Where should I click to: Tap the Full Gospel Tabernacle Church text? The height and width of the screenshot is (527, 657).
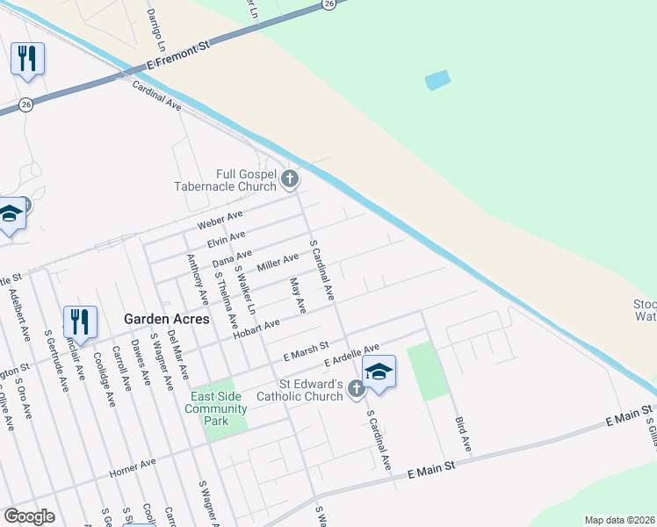[234, 180]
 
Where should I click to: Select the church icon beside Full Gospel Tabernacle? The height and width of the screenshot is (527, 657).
[291, 181]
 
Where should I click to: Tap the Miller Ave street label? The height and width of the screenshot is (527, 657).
[278, 262]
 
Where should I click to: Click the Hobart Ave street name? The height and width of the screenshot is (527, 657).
[256, 328]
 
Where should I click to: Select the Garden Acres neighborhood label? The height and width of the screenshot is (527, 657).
[167, 319]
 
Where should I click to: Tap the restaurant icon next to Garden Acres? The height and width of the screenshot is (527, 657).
[80, 321]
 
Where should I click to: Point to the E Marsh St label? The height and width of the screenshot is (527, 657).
[306, 353]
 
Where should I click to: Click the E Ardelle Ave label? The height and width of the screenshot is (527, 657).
[351, 356]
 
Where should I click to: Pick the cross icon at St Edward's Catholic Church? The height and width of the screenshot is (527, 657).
[356, 388]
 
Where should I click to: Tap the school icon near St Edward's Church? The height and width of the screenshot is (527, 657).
[379, 371]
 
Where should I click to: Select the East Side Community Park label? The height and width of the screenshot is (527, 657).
[216, 409]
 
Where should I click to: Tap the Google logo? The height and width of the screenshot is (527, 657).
[29, 516]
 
